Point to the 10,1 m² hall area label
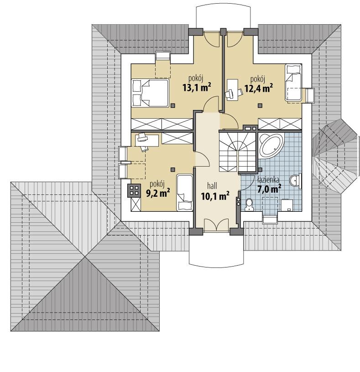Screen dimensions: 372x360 pyautogui.click(x=214, y=196)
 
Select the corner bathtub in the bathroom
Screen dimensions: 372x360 pyautogui.click(x=271, y=146)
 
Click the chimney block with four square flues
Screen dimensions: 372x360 pyautogui.click(x=135, y=190)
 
